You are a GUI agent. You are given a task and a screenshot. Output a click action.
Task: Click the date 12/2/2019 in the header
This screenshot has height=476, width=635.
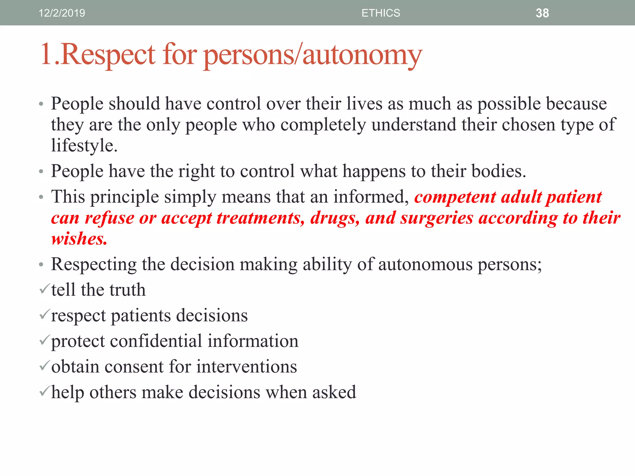click(62, 13)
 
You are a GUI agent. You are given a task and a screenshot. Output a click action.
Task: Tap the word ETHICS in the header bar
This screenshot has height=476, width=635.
click(380, 13)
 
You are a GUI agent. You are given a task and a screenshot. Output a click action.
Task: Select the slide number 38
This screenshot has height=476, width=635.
click(542, 13)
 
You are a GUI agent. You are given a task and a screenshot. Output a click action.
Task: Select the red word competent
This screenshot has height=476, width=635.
click(455, 197)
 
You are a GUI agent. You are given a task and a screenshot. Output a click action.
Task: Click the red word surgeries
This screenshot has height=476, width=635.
click(437, 218)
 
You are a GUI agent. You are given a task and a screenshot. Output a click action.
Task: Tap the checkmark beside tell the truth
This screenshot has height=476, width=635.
click(44, 289)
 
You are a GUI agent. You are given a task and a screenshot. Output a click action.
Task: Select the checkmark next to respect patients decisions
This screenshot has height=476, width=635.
click(44, 315)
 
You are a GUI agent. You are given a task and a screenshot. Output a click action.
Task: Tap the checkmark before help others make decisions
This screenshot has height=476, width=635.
click(44, 391)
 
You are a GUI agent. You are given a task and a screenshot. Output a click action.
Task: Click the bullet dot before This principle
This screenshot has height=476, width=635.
click(41, 197)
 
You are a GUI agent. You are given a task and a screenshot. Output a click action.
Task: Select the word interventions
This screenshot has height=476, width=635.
click(246, 367)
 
